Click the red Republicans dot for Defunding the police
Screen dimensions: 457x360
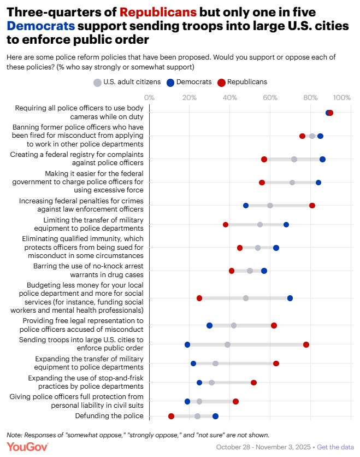click(171, 416)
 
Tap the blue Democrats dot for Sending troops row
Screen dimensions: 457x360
click(187, 344)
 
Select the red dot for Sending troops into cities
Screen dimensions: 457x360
click(306, 344)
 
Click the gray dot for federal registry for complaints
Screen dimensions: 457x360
click(294, 159)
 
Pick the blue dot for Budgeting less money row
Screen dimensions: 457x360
click(290, 298)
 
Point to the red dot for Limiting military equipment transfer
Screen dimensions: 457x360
click(226, 225)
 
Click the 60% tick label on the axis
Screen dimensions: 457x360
click(270, 97)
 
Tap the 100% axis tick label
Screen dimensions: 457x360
click(341, 97)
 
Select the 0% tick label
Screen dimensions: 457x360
click(149, 97)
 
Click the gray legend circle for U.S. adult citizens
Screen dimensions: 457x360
click(97, 82)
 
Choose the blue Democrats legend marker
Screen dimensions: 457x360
click(170, 82)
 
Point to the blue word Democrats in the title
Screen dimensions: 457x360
click(40, 25)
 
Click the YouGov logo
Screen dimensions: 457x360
click(27, 447)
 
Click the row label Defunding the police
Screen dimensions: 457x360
click(109, 416)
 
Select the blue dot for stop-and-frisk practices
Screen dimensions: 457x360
click(199, 383)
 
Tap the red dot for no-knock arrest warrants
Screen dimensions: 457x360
click(232, 271)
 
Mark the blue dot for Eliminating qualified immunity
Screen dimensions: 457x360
click(276, 248)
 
